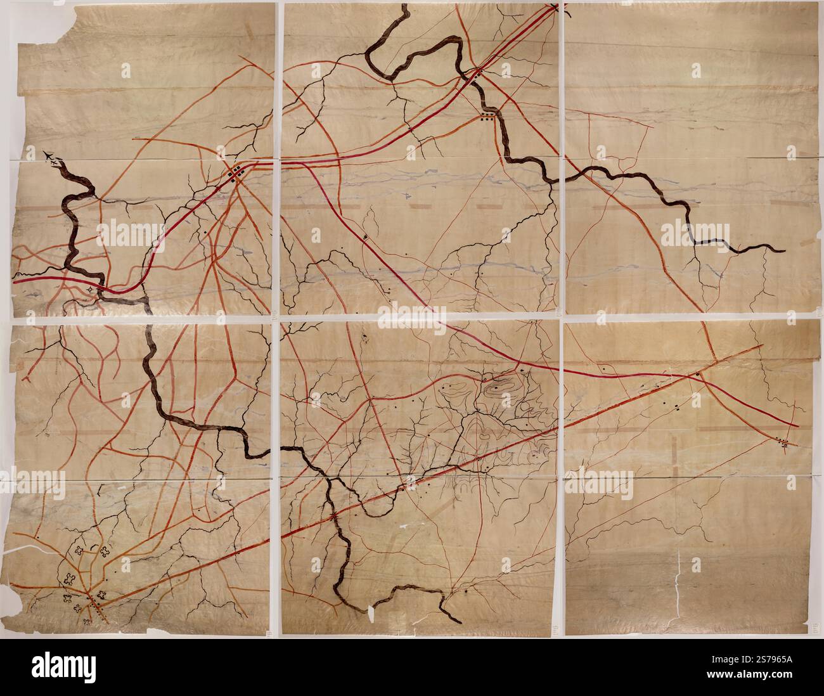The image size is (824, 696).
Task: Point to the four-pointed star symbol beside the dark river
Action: (x=90, y=290)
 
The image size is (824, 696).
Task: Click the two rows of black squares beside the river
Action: (x=487, y=115)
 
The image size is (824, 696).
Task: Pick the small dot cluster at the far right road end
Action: (x=785, y=442)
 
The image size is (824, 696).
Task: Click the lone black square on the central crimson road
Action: (x=366, y=237)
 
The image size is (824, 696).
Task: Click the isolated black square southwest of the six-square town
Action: (x=207, y=233)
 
